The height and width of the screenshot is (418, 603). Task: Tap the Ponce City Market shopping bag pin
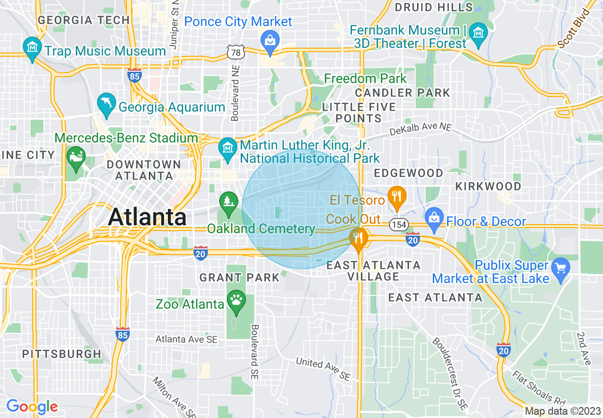pyautogui.click(x=270, y=40)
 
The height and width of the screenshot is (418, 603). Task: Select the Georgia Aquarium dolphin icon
pyautogui.click(x=106, y=104)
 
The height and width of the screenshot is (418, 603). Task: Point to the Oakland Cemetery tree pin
pyautogui.click(x=229, y=202)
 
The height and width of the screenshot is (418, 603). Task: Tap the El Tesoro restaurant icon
pyautogui.click(x=396, y=196)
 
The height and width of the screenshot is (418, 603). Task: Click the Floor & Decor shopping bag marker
pyautogui.click(x=434, y=218)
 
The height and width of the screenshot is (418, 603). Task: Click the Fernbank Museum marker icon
pyautogui.click(x=477, y=34)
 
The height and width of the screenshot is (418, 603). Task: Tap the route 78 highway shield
pyautogui.click(x=236, y=52)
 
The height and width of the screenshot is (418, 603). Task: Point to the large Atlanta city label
pyautogui.click(x=147, y=218)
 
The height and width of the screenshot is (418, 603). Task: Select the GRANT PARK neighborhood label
pyautogui.click(x=239, y=277)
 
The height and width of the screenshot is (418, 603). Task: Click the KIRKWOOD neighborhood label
pyautogui.click(x=488, y=186)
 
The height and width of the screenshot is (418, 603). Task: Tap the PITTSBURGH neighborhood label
pyautogui.click(x=62, y=354)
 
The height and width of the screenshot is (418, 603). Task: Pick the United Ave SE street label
pyautogui.click(x=323, y=369)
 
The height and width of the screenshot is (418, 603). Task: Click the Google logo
pyautogui.click(x=31, y=407)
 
